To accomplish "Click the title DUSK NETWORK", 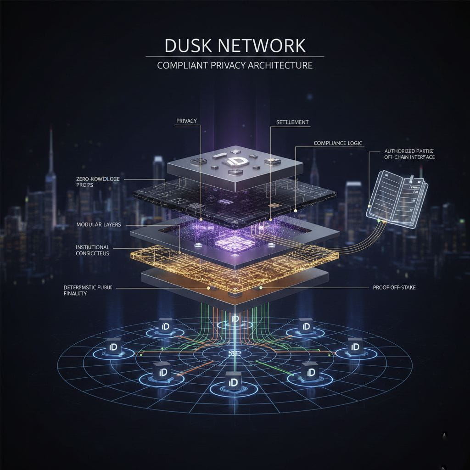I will point(235,46).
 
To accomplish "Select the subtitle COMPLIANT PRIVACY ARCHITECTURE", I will point(235,65).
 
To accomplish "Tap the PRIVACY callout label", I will point(186,121).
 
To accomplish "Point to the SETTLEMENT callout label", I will point(292,123).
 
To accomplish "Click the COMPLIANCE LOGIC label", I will point(338,143).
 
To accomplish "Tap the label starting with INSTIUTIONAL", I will point(92,250).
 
